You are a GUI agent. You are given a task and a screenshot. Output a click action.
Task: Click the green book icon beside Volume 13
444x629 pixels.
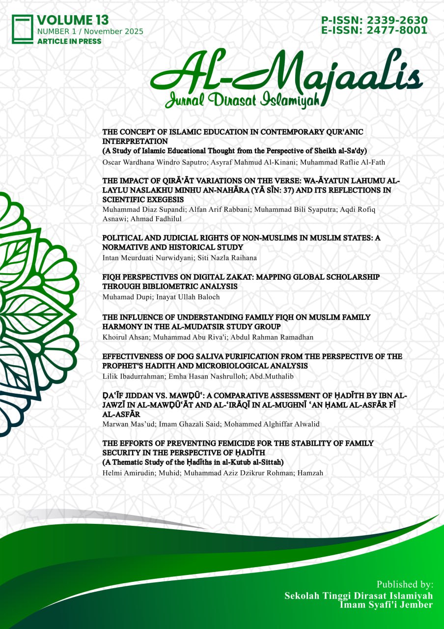tap(23, 29)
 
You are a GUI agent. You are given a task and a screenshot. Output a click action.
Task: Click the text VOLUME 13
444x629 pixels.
tap(73, 20)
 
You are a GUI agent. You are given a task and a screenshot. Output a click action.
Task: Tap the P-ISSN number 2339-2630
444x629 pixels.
tap(400, 20)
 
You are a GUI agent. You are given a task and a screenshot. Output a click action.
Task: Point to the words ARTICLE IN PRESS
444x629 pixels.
tap(69, 41)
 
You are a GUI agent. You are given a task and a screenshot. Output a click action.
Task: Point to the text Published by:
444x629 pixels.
tap(405, 585)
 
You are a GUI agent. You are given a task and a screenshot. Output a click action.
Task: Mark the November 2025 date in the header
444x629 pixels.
tap(115, 31)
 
